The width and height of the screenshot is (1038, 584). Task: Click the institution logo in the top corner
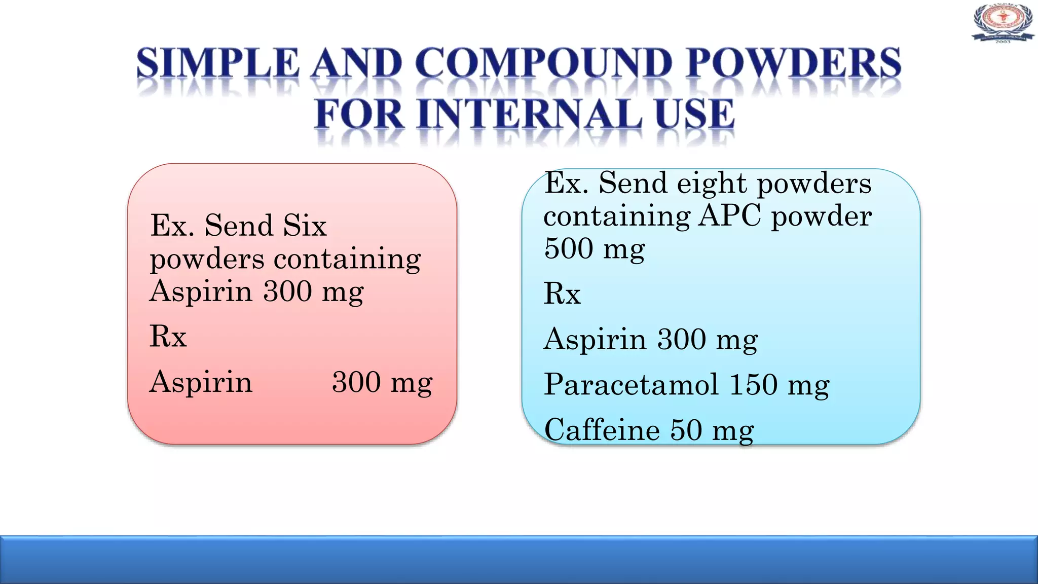click(x=1003, y=23)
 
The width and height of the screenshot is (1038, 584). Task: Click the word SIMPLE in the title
click(x=218, y=64)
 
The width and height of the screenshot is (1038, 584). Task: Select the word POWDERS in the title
click(x=793, y=64)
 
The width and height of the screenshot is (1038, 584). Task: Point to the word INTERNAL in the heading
click(x=530, y=114)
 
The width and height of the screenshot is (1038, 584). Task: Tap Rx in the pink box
click(x=168, y=336)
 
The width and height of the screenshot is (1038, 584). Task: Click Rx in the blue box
click(x=562, y=294)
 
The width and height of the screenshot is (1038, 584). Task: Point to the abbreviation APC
click(x=730, y=216)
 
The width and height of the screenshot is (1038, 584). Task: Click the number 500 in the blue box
click(x=569, y=248)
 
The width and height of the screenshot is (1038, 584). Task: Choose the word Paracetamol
click(x=631, y=384)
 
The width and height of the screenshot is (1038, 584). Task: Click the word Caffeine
click(x=602, y=430)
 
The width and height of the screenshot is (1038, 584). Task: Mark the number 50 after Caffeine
click(x=686, y=430)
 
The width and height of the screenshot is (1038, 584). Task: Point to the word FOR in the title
click(x=359, y=114)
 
